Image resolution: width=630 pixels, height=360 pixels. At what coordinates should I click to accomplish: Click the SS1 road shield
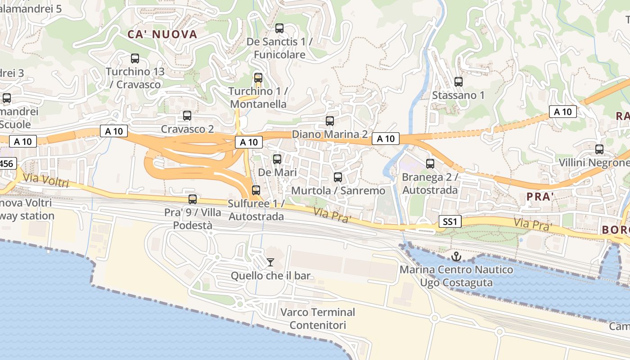[x=450, y=221]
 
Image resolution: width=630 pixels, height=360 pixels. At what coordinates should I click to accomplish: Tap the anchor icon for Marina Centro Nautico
[x=456, y=257]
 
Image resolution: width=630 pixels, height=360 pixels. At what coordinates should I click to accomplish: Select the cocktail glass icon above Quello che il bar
[x=270, y=262]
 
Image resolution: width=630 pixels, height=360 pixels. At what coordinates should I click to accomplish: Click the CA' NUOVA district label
[x=162, y=34]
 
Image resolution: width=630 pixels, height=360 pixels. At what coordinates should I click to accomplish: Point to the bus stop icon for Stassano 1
[x=459, y=82]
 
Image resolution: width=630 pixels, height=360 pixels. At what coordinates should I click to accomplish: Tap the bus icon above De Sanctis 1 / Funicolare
[x=279, y=28]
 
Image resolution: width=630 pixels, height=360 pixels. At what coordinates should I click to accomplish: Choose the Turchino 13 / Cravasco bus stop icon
[x=135, y=58]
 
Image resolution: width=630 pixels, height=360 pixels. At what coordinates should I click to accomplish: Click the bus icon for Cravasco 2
[x=187, y=116]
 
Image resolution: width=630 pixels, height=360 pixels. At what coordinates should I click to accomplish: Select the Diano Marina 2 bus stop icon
[x=330, y=121]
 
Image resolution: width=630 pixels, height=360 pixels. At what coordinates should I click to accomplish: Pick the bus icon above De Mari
[x=277, y=159]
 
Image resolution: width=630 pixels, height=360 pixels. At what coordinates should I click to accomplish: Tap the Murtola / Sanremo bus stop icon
[x=338, y=177]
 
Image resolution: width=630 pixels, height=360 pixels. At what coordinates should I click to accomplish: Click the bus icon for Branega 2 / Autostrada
[x=430, y=164]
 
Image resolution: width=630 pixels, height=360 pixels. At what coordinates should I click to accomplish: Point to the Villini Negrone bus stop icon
[x=599, y=149]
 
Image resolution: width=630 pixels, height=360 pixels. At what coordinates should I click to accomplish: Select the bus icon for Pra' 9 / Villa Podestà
[x=193, y=199]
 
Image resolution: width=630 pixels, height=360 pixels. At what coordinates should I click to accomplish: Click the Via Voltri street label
[x=46, y=180]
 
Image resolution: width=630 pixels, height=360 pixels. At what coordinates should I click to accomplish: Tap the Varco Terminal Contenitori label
[x=318, y=319]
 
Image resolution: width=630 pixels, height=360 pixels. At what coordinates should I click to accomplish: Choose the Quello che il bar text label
[x=271, y=275]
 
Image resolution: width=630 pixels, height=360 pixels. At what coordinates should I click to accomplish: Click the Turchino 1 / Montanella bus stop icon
[x=258, y=78]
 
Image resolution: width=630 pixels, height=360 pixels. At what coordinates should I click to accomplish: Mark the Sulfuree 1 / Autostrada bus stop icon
[x=256, y=190]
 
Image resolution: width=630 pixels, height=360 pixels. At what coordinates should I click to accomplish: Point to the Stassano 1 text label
[x=458, y=95]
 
